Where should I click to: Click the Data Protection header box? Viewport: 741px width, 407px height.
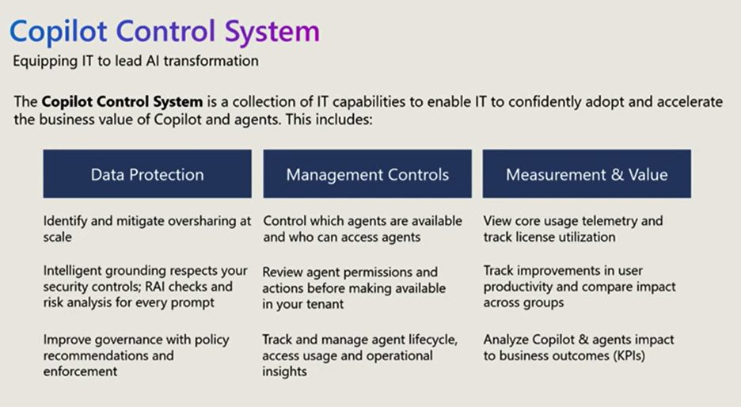147,173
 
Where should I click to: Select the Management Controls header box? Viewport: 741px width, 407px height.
367,173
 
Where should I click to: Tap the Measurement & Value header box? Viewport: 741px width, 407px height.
587,173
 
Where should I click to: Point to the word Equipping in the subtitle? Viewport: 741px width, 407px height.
45,62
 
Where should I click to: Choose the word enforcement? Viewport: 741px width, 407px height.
80,371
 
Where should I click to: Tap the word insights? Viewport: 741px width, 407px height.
284,371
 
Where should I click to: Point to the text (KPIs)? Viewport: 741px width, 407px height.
629,356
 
